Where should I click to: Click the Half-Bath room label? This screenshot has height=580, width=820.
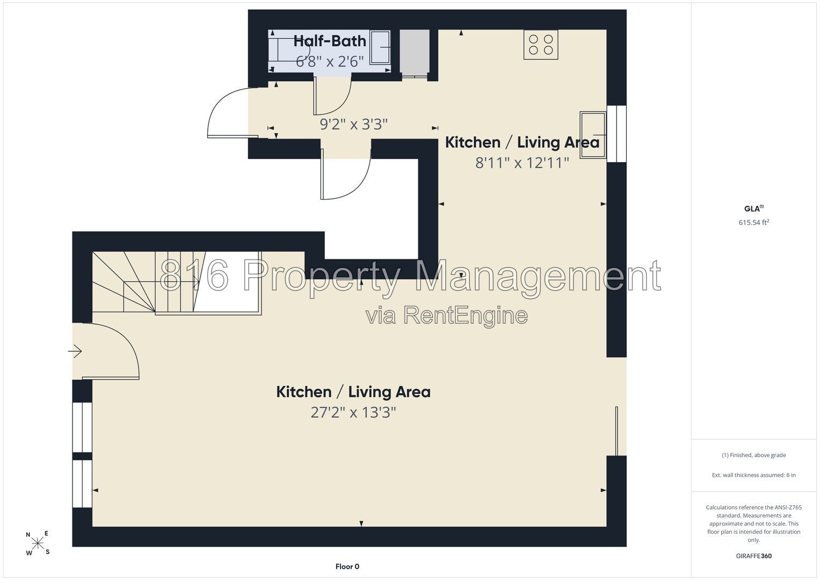(x=330, y=41)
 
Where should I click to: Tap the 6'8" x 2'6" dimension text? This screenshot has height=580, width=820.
(x=330, y=62)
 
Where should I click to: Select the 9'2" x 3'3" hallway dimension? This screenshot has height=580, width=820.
(x=354, y=125)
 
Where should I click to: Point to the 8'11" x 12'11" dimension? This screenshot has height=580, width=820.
(x=522, y=163)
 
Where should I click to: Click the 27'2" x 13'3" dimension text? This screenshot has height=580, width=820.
(x=353, y=412)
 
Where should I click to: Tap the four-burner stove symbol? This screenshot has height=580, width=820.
(x=541, y=45)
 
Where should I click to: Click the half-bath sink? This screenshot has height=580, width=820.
(x=380, y=48)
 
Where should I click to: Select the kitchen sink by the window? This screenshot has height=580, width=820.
(x=593, y=135)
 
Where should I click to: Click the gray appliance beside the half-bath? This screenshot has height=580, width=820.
(x=415, y=52)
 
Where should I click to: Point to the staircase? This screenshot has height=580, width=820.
(x=177, y=282)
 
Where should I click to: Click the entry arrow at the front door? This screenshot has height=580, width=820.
(x=75, y=351)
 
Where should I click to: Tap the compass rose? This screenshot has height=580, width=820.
(x=38, y=543)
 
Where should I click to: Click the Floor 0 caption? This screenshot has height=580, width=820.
(x=347, y=567)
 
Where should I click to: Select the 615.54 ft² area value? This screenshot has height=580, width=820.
(x=754, y=222)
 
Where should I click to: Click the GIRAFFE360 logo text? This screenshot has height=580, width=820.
(x=754, y=556)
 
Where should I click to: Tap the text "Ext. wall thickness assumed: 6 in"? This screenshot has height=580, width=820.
(x=754, y=475)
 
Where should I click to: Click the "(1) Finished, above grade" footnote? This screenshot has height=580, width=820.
(x=754, y=455)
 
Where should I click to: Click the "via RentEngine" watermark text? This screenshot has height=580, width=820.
(x=447, y=315)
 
